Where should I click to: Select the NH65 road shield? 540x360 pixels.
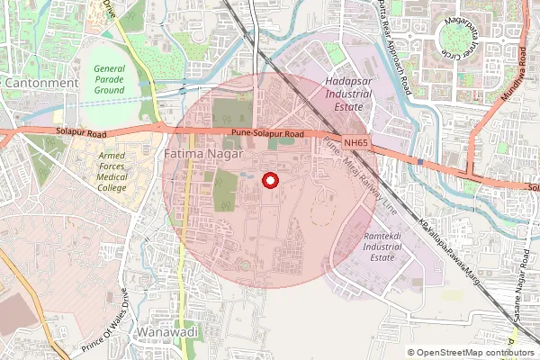tap(355, 142)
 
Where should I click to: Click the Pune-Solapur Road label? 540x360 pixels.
tap(266, 133)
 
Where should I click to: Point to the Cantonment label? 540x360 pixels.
tap(42, 83)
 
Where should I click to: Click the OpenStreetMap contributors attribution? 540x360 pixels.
tap(472, 353)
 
